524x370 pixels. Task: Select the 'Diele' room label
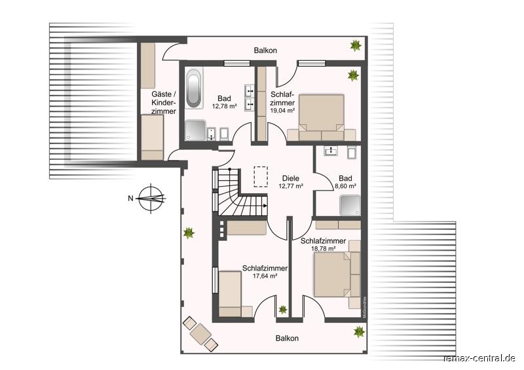pos(291,177)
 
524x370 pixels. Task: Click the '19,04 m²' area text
pos(282,111)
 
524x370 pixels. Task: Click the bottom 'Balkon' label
pos(287,338)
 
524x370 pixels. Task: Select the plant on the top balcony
pos(356,46)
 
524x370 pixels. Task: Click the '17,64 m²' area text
pos(265,276)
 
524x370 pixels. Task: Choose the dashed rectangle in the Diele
pos(261,176)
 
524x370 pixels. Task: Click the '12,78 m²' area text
pos(223,105)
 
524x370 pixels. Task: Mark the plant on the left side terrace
pos(189,232)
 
